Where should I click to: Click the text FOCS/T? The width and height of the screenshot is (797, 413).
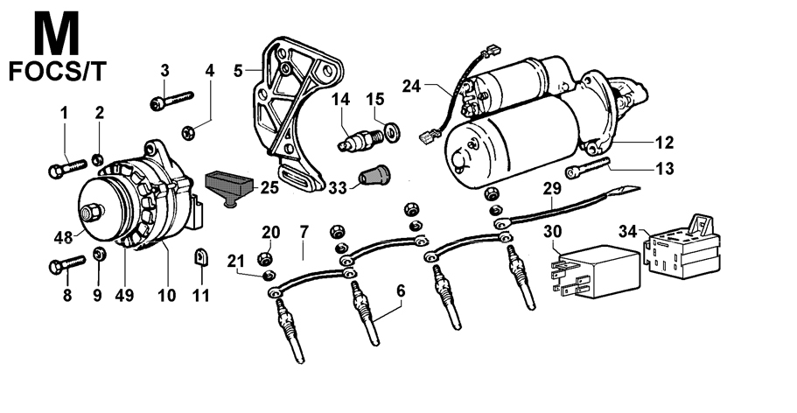click(58, 71)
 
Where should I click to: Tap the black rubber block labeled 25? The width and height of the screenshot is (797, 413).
click(229, 185)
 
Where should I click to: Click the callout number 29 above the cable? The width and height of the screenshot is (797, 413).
click(551, 188)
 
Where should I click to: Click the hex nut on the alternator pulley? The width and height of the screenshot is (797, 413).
click(90, 212)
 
